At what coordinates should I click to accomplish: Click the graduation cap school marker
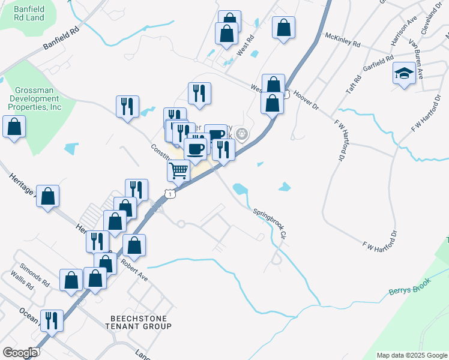pos(405,75)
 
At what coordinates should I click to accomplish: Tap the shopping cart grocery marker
pos(179,170)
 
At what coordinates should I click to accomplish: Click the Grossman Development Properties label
pos(34,98)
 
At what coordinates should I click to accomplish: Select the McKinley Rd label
pos(342,40)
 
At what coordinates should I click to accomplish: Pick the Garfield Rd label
pos(378,66)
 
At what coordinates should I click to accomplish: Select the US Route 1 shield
pos(172,194)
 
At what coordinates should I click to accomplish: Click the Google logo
pos(20,353)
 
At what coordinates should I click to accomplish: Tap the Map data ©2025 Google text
pos(411,355)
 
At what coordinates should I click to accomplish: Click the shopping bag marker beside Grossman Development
pos(14,127)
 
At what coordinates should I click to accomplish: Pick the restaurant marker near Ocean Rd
pos(52,320)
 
